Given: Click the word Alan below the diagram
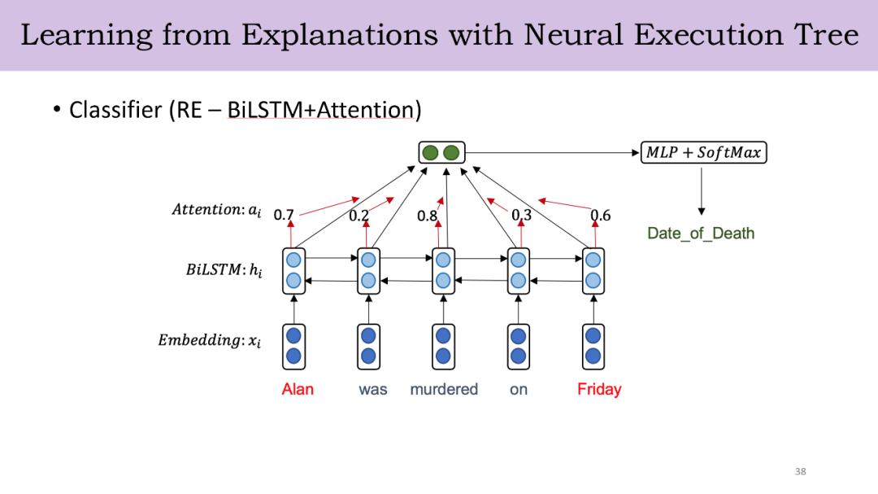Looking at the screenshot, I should pos(298,389).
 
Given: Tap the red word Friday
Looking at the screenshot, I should pos(599,389).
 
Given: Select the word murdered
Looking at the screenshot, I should pos(444,389).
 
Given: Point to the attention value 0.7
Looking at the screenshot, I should pos(284,216).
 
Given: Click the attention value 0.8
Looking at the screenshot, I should pos(428,216).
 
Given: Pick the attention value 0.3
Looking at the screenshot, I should pos(521,216).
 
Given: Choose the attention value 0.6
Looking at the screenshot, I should pos(600,216).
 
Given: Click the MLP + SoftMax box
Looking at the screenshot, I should pos(704,152).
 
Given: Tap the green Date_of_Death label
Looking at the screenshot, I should pos(701,234).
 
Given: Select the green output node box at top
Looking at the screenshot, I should pos(441,152).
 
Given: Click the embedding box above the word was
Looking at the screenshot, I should pos(368,345).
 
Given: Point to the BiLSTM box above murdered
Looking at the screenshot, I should pos(442,270).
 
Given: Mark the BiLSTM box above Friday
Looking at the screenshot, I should pos(593,270).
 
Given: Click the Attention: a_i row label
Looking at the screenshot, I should pos(216,210).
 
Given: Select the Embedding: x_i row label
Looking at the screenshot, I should pos(209,340).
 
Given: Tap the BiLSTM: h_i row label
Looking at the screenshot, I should pos(224,270).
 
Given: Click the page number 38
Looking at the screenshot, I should pos(800,472).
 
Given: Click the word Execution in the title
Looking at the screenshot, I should pos(702,35).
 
